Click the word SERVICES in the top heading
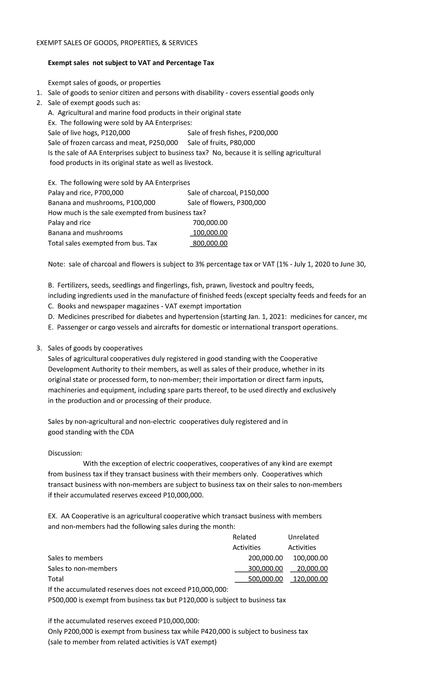[180, 43]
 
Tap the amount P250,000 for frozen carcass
[163, 143]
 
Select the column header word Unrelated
[303, 537]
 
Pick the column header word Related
[244, 537]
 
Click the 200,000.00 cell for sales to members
[265, 558]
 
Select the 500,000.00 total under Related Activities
[265, 579]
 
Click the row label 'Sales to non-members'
[82, 568]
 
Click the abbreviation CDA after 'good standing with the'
[127, 432]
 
